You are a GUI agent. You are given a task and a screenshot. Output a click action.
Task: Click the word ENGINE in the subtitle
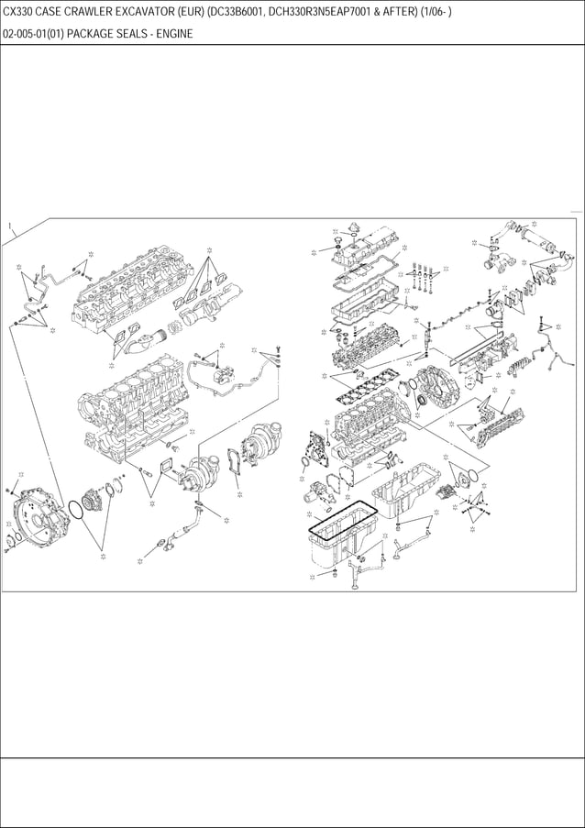click(x=172, y=34)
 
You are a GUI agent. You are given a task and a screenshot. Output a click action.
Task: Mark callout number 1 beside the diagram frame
click(x=8, y=226)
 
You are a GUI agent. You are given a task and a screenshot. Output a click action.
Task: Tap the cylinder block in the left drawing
click(x=138, y=413)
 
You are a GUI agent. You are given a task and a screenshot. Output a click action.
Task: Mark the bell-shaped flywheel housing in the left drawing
click(x=37, y=518)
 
